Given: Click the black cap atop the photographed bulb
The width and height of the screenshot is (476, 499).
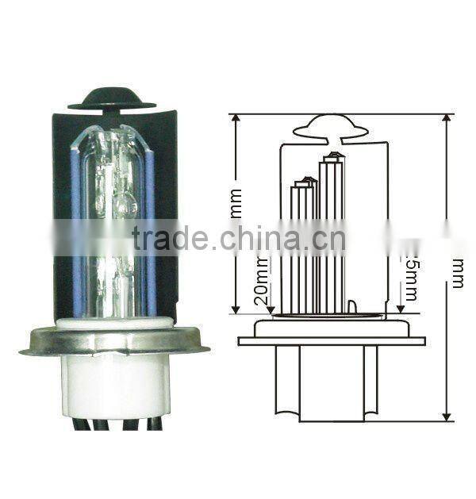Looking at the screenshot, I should click(111, 98).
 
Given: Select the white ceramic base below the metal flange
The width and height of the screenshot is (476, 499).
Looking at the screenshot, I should click(115, 385).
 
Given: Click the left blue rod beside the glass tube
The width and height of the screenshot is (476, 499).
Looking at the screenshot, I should click(77, 222).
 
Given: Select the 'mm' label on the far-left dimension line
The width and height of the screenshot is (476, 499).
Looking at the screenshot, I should click(236, 203).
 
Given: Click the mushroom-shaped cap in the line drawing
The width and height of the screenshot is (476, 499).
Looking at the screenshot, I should click(330, 127).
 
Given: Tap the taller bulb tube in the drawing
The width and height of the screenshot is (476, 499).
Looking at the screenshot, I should click(332, 230).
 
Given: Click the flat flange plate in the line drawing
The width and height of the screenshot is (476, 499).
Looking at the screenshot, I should click(331, 340).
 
